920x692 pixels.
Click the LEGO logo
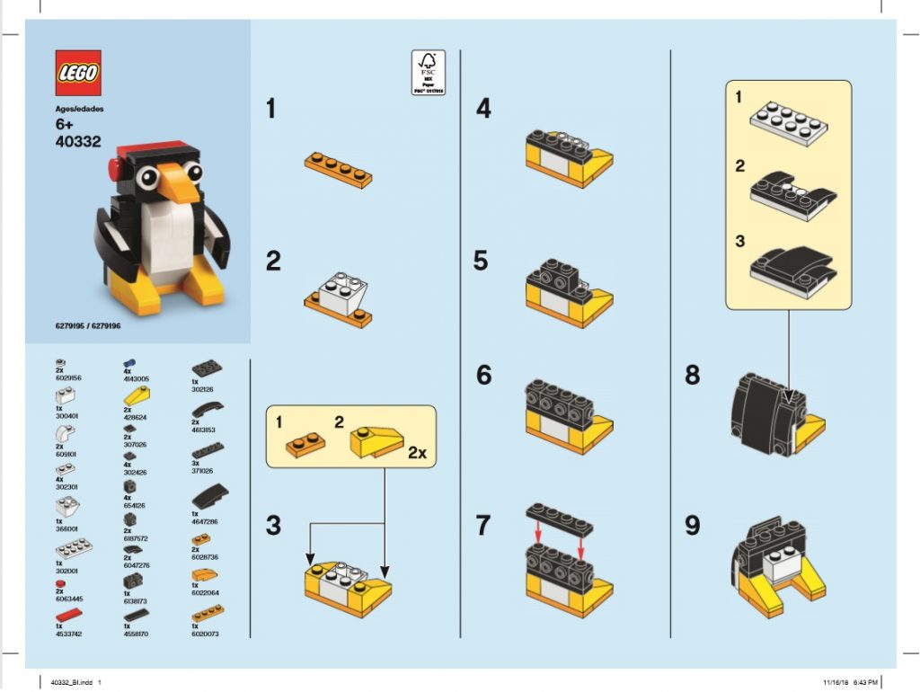pos(78,73)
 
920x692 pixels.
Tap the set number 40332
pos(78,141)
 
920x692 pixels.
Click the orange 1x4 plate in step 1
pos(338,168)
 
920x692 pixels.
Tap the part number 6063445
pos(70,598)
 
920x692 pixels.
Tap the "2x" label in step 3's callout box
pos(417,452)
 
